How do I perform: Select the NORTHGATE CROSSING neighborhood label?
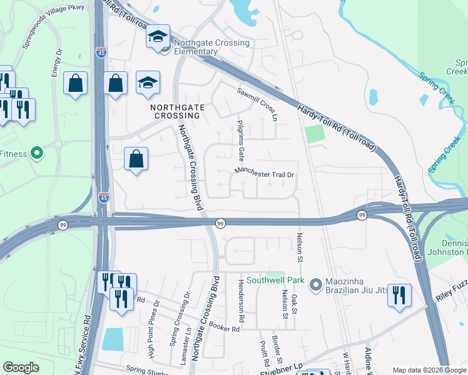point(178,111)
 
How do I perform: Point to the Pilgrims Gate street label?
point(241,141)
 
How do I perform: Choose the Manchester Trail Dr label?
point(264,173)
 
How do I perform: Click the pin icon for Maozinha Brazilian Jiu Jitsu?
point(315,284)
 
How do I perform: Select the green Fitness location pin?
point(37,152)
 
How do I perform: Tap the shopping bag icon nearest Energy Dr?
point(75,84)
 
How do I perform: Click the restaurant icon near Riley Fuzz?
point(399,295)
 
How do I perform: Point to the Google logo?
point(21,367)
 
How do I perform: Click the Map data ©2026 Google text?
point(429,370)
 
